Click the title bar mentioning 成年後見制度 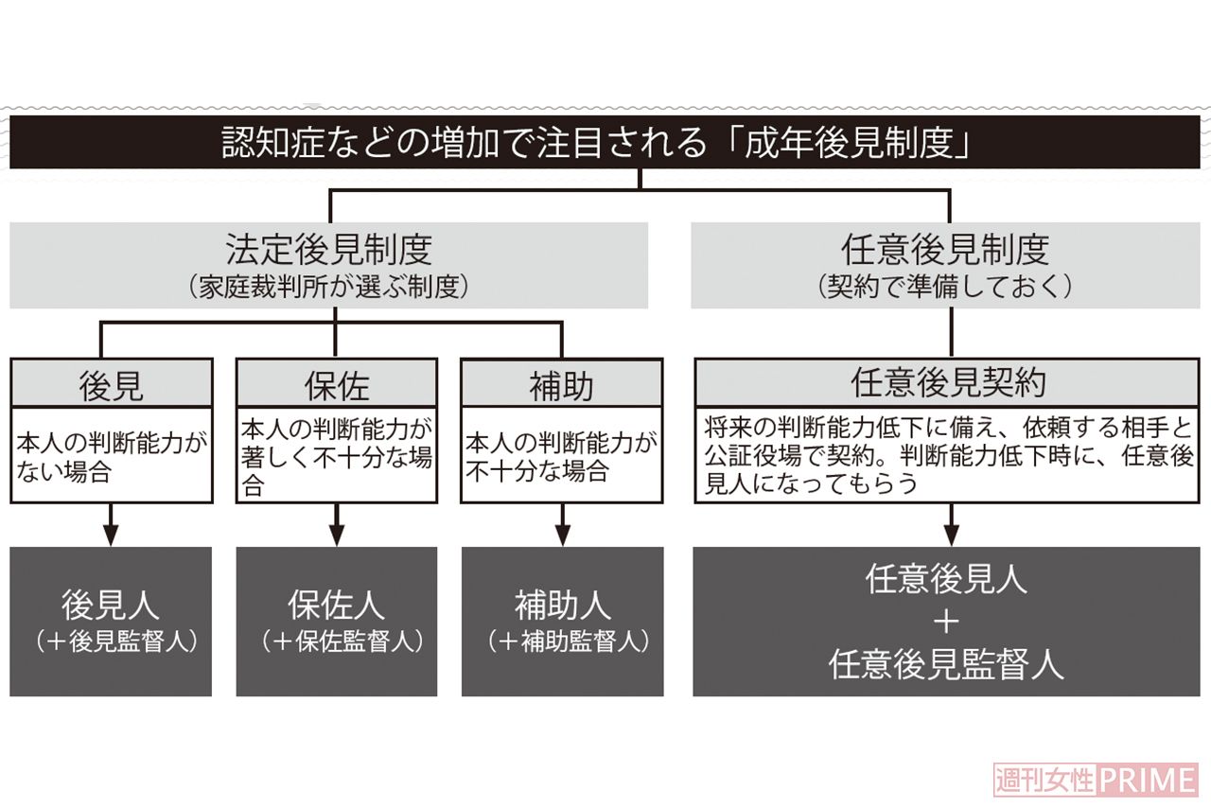pyautogui.click(x=605, y=143)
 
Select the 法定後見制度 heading pyautogui.click(x=328, y=249)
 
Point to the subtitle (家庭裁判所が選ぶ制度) pyautogui.click(x=328, y=287)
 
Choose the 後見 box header pyautogui.click(x=111, y=385)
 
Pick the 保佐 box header pyautogui.click(x=337, y=385)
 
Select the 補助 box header pyautogui.click(x=562, y=385)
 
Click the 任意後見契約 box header pyautogui.click(x=948, y=383)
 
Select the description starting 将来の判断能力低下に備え pyautogui.click(x=948, y=456)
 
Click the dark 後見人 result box pyautogui.click(x=111, y=622)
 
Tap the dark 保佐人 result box pyautogui.click(x=337, y=622)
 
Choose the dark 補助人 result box pyautogui.click(x=562, y=622)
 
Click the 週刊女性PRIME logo pyautogui.click(x=1095, y=780)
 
